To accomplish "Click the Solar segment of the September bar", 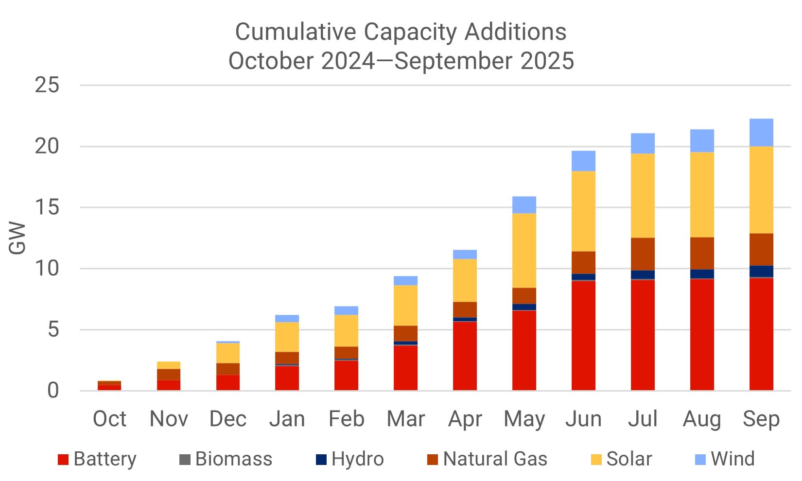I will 761,190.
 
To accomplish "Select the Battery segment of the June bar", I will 583,336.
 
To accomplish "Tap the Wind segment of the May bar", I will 524,205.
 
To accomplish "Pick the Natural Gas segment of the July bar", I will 643,254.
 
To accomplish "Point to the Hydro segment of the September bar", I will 761,271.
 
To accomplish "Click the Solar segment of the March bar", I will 405,305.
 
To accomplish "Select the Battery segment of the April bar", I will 465,356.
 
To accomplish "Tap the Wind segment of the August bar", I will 702,141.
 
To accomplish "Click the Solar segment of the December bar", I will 228,353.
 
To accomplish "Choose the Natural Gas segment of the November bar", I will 169,375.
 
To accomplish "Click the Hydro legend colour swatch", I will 321,460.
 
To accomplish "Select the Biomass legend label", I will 234,459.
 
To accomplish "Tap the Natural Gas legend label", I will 495,459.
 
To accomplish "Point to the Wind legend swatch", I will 700,460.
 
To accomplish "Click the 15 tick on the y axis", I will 47,207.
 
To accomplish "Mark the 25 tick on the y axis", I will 47,86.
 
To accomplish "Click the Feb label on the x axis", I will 346,419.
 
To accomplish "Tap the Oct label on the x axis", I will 109,419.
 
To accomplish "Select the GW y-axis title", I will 17,238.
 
